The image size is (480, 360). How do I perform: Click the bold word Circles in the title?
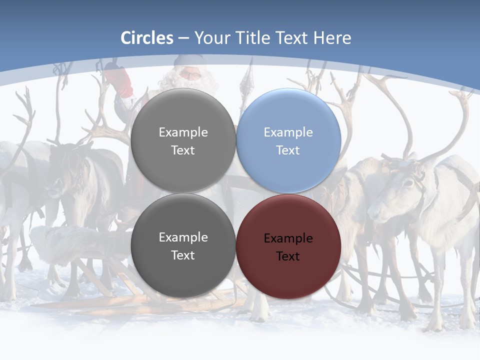(x=147, y=38)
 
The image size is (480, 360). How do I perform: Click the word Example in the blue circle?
(x=288, y=132)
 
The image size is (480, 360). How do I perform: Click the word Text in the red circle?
(x=288, y=256)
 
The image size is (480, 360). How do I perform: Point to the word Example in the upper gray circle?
(x=183, y=132)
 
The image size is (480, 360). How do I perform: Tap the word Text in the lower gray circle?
(x=183, y=255)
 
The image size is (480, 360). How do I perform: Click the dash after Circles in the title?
(x=183, y=38)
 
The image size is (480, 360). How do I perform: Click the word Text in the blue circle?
(x=288, y=150)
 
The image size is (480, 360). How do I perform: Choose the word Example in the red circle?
(x=288, y=238)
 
